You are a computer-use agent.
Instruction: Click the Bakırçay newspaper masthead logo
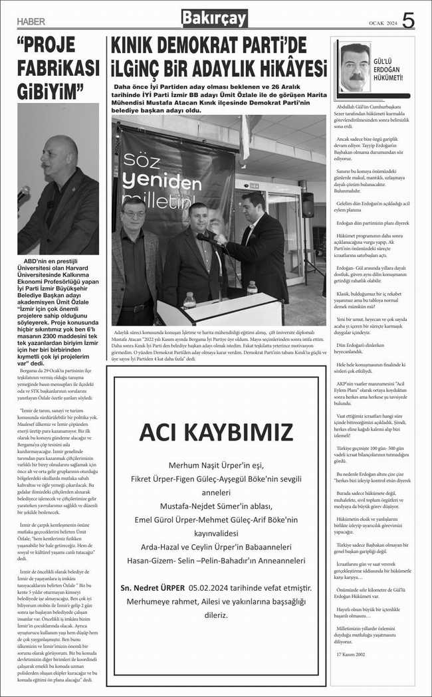click(x=214, y=19)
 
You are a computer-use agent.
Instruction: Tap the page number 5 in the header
click(x=408, y=21)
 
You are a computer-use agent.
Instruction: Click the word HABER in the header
click(x=32, y=22)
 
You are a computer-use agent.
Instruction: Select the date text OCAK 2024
click(x=383, y=24)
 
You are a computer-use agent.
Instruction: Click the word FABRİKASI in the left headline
click(x=58, y=68)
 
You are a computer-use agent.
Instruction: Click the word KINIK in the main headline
click(x=138, y=46)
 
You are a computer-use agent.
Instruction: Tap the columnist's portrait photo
click(x=355, y=67)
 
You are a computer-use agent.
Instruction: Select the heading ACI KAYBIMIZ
click(x=216, y=432)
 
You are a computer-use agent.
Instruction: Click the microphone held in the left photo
click(x=24, y=193)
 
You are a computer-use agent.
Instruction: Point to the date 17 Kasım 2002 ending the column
click(x=351, y=672)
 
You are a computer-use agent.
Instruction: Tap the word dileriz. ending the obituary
click(x=216, y=615)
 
